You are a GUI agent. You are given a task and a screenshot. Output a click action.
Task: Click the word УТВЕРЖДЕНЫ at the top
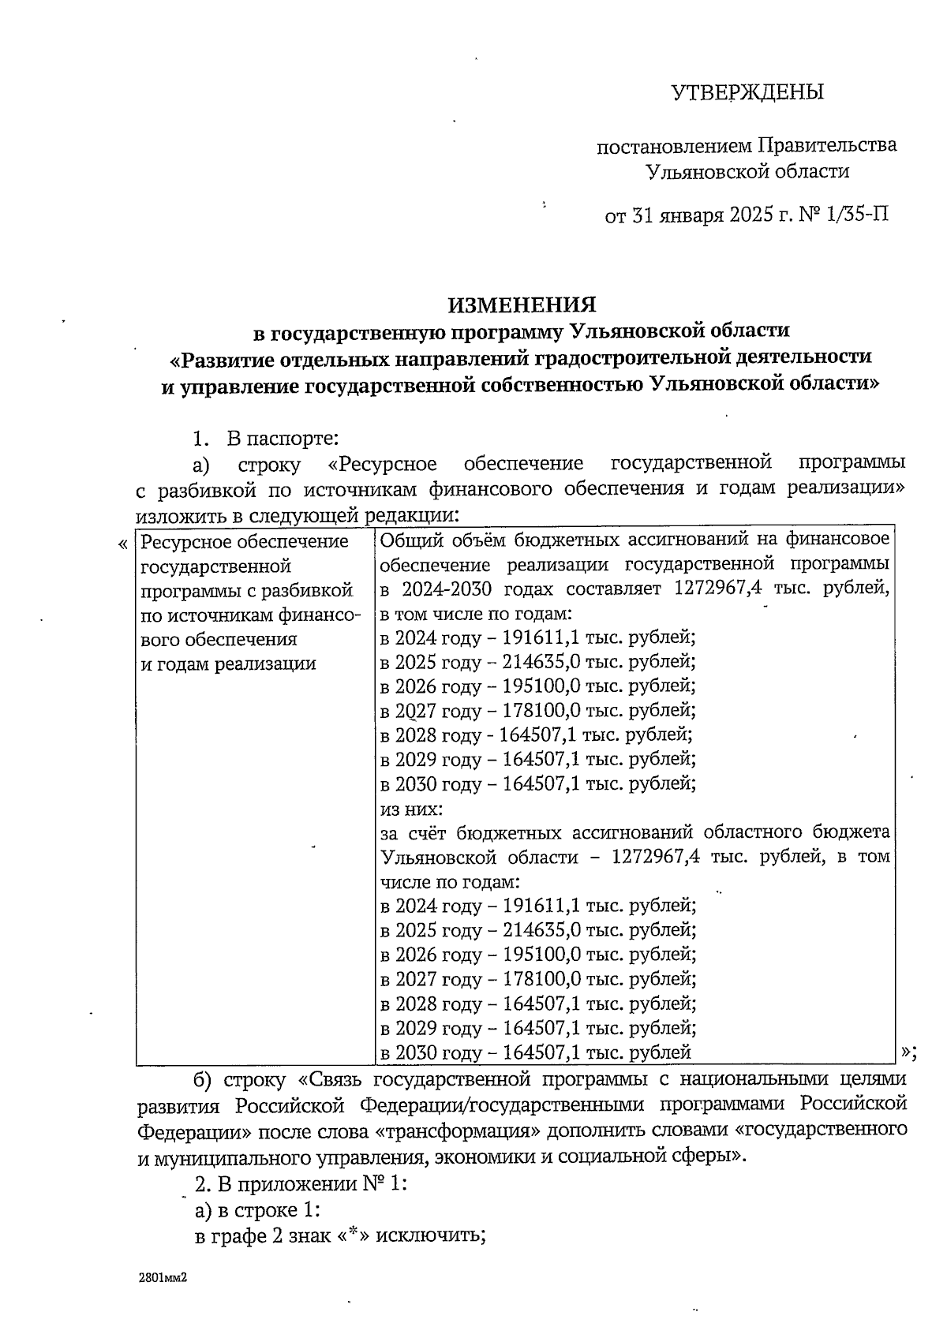click(747, 93)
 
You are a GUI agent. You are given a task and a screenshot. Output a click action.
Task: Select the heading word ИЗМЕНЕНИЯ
click(522, 305)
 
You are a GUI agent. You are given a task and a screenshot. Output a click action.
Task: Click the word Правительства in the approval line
click(827, 146)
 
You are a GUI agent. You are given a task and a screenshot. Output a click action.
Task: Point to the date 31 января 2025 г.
click(708, 214)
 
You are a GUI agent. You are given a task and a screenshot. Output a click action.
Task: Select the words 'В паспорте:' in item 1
click(283, 438)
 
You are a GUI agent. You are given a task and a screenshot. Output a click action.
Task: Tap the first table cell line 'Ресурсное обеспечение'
click(245, 542)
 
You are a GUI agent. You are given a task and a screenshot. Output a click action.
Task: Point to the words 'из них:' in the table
click(411, 809)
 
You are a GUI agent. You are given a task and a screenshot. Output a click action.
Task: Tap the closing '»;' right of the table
click(908, 1052)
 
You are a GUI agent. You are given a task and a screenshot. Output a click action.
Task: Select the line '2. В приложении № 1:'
click(300, 1184)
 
